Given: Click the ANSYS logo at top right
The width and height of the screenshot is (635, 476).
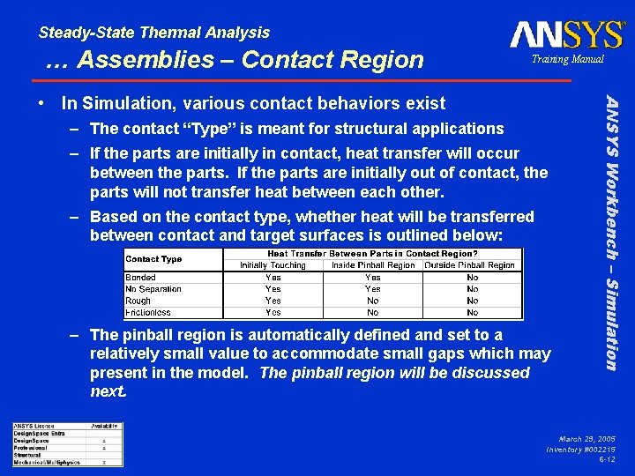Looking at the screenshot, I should click(x=566, y=34).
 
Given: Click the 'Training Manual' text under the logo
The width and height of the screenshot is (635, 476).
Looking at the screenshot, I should click(x=567, y=59).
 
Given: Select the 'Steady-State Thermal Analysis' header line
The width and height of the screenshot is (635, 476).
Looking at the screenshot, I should click(x=154, y=33).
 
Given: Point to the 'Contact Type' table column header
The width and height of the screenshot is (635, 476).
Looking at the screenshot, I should click(x=154, y=259).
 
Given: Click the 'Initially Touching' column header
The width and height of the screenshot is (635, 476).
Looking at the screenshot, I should click(x=273, y=265).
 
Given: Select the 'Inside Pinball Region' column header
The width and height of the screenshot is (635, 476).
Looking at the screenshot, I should click(x=372, y=265).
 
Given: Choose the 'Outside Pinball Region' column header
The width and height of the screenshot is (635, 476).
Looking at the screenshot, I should click(x=471, y=265).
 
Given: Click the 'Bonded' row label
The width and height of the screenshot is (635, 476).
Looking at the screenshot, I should click(x=141, y=278).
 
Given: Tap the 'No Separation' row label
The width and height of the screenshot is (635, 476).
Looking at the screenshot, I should click(x=153, y=289).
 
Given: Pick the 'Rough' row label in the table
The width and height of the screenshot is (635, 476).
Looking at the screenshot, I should click(x=139, y=301).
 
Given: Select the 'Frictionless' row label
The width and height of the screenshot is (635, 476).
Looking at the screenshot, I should click(x=148, y=312).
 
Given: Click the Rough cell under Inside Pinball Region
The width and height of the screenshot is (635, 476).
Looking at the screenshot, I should click(x=372, y=301).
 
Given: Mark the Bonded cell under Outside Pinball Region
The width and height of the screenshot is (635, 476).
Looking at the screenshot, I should click(x=472, y=278).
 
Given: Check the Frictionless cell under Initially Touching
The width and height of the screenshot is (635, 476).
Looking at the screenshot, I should click(x=273, y=312).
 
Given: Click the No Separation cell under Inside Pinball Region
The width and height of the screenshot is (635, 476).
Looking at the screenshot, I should click(x=372, y=289).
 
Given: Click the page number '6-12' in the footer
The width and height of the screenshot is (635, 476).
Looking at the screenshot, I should click(x=607, y=459).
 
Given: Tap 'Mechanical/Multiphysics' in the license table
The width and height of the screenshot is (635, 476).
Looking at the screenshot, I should click(x=47, y=462).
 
